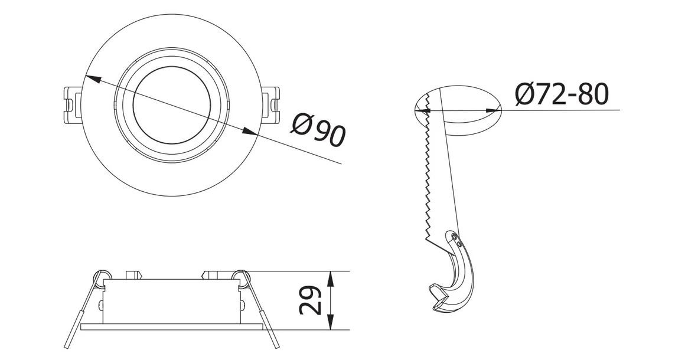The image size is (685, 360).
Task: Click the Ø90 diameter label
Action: tap(319, 130)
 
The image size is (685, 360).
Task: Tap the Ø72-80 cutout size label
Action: tap(560, 94)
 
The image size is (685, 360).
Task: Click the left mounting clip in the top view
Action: tap(71, 106)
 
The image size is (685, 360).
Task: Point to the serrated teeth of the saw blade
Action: tap(426, 177)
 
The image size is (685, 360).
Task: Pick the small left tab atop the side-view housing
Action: tap(135, 274)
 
